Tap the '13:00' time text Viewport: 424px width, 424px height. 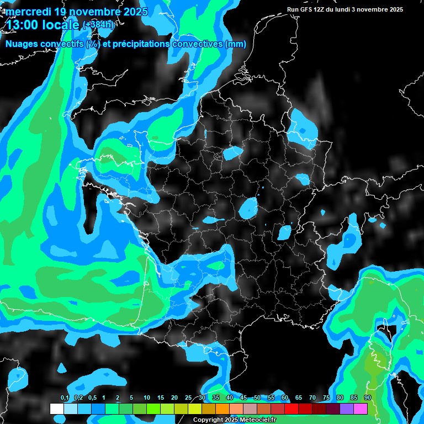(22, 25)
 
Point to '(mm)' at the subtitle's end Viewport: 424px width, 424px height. (236, 44)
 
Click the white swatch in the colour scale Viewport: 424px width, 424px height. (57, 409)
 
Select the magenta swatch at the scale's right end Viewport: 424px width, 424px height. (361, 409)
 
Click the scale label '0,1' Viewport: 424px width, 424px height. (65, 398)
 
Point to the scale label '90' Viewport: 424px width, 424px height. (368, 398)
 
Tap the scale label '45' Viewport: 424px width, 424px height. (243, 398)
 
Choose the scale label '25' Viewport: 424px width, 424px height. (188, 398)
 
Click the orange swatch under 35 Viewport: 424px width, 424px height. (222, 409)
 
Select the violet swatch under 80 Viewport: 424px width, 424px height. (347, 409)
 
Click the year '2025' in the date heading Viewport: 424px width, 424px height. (132, 12)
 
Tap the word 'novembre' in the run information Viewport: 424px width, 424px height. (372, 9)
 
